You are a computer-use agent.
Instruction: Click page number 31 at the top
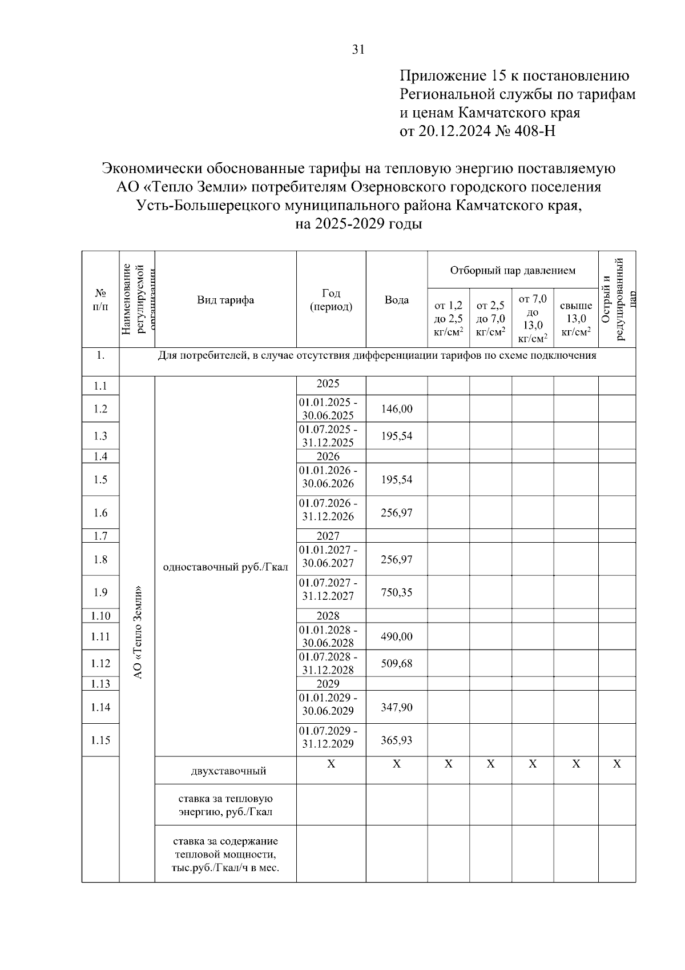tap(358, 50)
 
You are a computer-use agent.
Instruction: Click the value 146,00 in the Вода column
tap(396, 409)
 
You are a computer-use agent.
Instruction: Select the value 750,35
tap(396, 592)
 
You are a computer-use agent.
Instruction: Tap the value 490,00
tap(396, 636)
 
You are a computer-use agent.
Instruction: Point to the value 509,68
tap(396, 664)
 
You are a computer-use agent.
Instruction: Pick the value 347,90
tap(396, 707)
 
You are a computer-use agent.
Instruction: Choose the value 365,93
tap(396, 740)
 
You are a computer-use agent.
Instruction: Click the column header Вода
tap(396, 300)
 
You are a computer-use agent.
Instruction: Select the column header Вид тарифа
tap(225, 300)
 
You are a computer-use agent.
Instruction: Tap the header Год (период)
tap(331, 300)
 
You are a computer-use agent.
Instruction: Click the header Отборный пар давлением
tap(513, 270)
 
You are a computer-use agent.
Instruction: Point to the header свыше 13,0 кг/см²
tap(575, 319)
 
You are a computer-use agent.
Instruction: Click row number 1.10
tap(100, 616)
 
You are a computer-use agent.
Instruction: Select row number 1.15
tap(100, 740)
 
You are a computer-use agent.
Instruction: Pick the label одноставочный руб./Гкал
tap(225, 567)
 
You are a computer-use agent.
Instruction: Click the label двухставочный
tap(228, 771)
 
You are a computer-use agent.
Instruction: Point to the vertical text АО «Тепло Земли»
tap(137, 632)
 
